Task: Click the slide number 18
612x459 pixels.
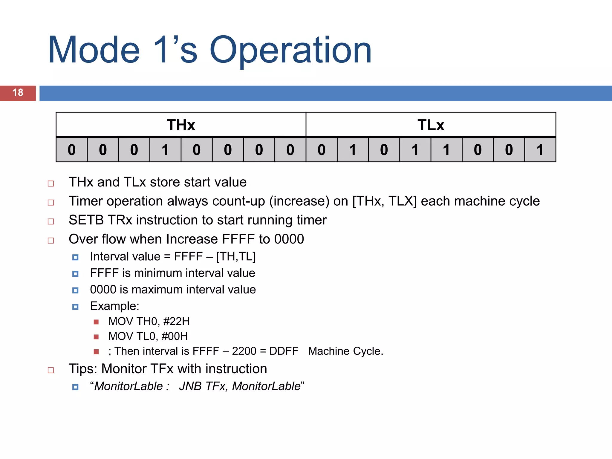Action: (x=18, y=93)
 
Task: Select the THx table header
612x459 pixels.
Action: (x=181, y=125)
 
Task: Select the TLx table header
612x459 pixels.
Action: (x=431, y=125)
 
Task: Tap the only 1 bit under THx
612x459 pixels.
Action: (x=165, y=150)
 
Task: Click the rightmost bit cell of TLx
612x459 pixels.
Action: (x=540, y=150)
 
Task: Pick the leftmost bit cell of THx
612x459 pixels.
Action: (x=72, y=150)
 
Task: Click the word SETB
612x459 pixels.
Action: (x=86, y=220)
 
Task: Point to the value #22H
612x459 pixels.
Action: (x=176, y=322)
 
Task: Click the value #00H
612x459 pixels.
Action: (x=175, y=336)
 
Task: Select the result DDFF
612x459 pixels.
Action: (x=284, y=351)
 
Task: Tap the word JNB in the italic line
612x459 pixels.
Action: (x=190, y=386)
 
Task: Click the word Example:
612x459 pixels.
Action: (x=115, y=306)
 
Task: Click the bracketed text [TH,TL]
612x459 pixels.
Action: (x=236, y=257)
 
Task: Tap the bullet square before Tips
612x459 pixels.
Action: (x=51, y=370)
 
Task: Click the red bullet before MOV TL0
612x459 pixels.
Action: (x=96, y=337)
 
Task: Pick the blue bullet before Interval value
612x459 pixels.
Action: (x=75, y=257)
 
